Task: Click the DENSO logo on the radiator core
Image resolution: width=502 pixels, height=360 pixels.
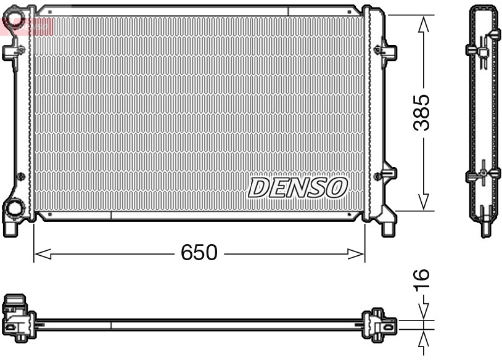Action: click(x=298, y=187)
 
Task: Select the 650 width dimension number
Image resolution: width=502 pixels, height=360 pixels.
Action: click(x=199, y=253)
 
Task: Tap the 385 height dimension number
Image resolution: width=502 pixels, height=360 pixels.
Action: click(x=422, y=113)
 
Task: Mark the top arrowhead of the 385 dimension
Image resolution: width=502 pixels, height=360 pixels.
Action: click(x=423, y=23)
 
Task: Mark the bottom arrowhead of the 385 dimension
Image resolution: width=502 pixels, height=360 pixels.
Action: click(x=423, y=202)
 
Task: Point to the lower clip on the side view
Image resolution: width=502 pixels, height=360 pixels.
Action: click(x=482, y=175)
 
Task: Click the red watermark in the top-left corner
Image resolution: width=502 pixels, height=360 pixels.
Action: click(x=28, y=25)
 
